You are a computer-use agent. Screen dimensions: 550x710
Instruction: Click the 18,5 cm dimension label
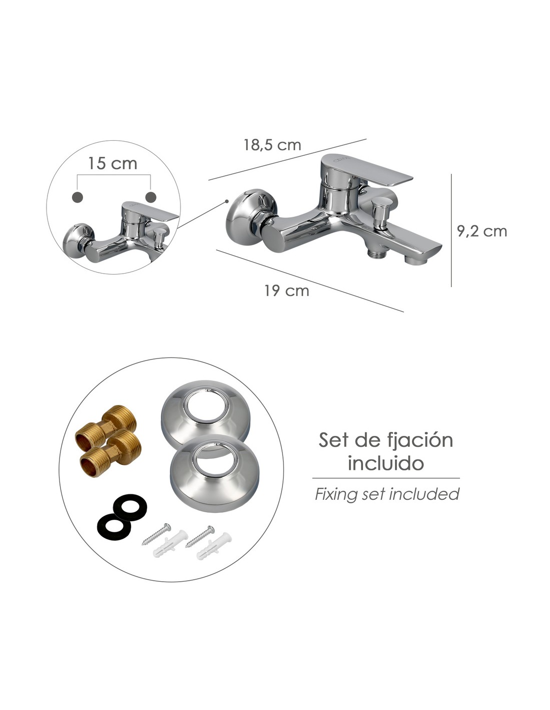(x=272, y=145)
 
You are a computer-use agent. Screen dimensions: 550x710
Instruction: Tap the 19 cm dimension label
(x=286, y=291)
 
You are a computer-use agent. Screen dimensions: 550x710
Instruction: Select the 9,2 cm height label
(x=482, y=231)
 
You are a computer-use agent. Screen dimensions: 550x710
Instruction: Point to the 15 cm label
(x=112, y=163)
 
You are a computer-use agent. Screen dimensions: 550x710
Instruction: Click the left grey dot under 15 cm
(x=77, y=197)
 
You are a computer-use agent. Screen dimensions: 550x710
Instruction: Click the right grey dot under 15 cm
(x=151, y=197)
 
